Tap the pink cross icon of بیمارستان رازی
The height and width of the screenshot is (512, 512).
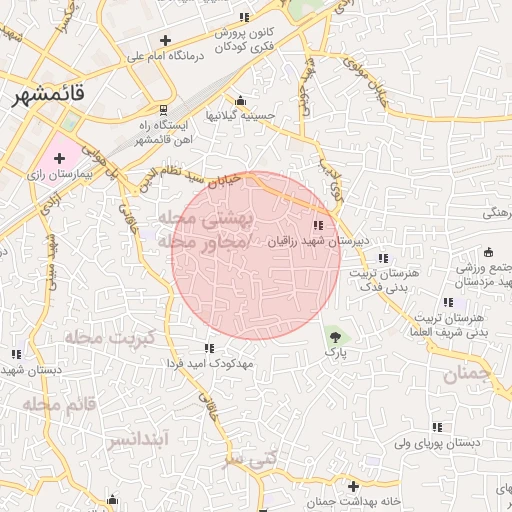(x=58, y=158)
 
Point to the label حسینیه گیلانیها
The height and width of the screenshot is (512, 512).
(x=240, y=116)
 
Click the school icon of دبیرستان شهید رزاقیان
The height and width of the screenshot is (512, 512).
(x=318, y=226)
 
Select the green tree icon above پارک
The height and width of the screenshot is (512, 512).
(x=334, y=337)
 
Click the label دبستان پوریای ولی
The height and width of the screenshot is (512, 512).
(x=438, y=441)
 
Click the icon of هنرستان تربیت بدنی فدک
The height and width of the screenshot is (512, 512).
(x=383, y=259)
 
